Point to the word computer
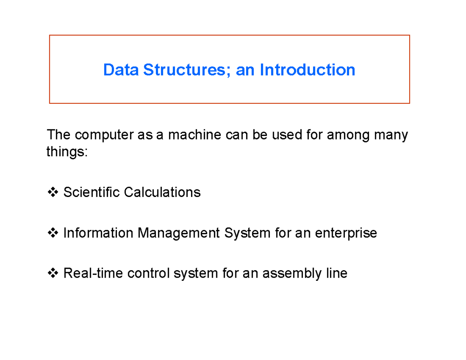(x=104, y=135)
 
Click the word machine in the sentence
(x=195, y=135)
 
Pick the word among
(x=348, y=136)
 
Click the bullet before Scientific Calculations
(x=53, y=192)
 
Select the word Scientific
(x=91, y=192)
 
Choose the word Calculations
(x=162, y=192)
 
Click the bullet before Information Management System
(x=53, y=233)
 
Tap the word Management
(x=179, y=233)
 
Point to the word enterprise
(x=346, y=233)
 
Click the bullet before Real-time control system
(x=53, y=273)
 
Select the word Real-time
(x=93, y=273)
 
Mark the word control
(x=148, y=273)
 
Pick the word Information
(x=98, y=233)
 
